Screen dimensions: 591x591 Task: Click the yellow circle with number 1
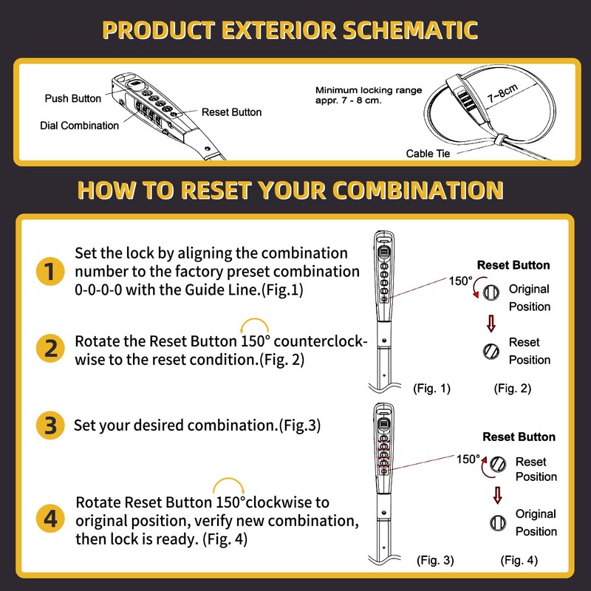(49, 271)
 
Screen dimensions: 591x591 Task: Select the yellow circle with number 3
(49, 426)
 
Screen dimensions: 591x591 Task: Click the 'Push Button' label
(73, 98)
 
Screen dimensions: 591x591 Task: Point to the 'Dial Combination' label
(79, 126)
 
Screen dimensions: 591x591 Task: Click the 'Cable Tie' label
(428, 154)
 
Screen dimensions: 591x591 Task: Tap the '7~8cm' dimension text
(502, 95)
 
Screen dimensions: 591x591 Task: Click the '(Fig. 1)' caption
(430, 389)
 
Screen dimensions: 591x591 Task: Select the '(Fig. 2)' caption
(513, 389)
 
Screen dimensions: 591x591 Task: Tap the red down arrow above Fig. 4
(497, 494)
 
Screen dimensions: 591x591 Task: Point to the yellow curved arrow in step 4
(228, 485)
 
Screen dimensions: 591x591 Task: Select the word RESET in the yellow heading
(211, 190)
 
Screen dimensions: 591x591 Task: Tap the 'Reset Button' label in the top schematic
(231, 112)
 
